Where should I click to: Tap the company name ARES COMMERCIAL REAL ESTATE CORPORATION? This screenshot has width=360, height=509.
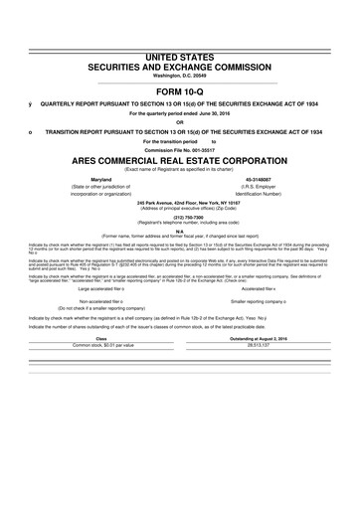[x=180, y=158]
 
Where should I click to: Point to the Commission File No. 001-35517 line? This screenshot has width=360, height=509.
[x=180, y=148]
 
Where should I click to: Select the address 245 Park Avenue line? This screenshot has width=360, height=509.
[x=180, y=202]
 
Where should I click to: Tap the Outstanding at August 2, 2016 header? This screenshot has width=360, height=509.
[x=261, y=337]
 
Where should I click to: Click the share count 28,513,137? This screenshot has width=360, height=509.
[x=261, y=345]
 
